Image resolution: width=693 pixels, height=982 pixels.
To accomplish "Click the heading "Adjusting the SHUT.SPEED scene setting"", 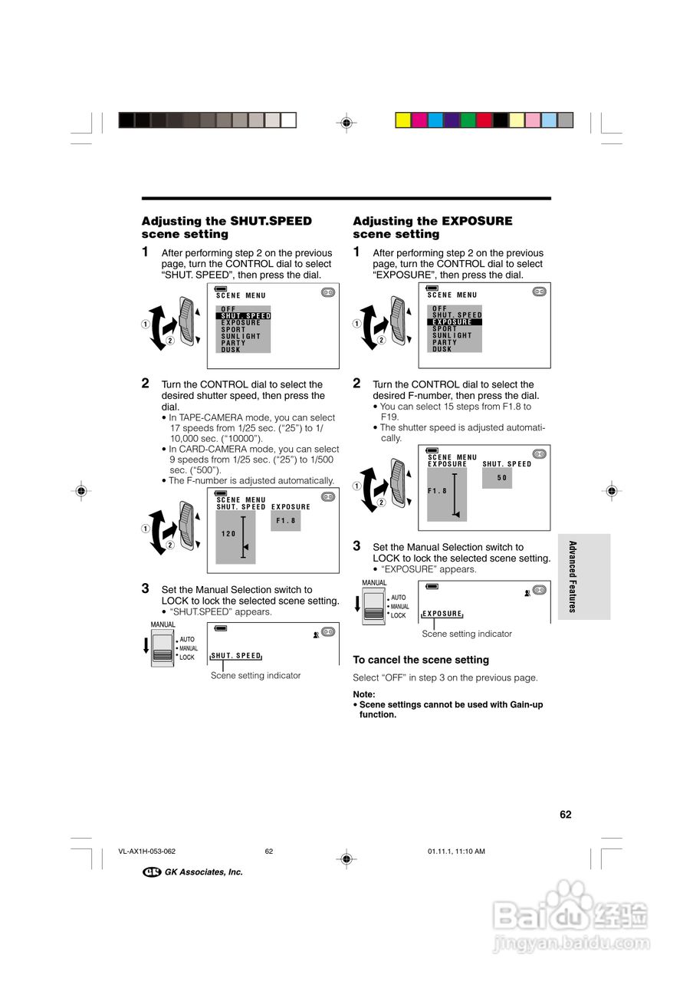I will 227,228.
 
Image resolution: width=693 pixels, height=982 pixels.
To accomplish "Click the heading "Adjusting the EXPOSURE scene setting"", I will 432,228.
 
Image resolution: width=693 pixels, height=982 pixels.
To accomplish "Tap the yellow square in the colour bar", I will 402,120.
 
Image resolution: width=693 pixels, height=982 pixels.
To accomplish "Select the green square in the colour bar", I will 468,120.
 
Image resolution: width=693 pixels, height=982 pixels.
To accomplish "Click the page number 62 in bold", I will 566,815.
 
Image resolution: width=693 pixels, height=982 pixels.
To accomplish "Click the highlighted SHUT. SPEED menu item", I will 245,316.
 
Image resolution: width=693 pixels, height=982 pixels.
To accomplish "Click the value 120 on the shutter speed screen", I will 228,534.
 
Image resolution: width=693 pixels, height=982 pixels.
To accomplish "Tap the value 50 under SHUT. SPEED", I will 502,478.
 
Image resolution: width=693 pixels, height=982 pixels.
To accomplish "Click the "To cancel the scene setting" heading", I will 421,660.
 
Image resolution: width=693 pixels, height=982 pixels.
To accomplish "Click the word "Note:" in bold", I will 364,694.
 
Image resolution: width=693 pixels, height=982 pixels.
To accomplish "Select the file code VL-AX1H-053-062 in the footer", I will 147,851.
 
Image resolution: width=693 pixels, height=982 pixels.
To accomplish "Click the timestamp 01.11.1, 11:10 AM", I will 456,851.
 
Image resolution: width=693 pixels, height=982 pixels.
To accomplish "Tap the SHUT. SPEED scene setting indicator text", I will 236,656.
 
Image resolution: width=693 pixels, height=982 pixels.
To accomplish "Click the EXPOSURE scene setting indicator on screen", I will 442,614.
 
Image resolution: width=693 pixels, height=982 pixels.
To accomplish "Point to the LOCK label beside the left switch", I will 187,657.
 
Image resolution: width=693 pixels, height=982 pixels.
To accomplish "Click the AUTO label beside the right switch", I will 398,598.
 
